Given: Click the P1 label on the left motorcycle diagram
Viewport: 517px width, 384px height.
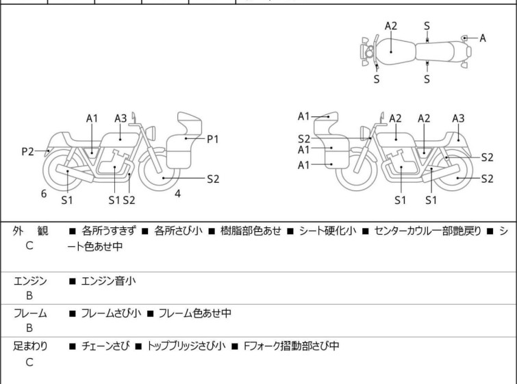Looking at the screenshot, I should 213,139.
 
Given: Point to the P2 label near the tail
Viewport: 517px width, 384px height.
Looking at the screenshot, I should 27,152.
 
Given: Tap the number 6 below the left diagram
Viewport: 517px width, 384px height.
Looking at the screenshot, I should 44,194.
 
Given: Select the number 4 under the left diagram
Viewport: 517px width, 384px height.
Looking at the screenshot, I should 177,194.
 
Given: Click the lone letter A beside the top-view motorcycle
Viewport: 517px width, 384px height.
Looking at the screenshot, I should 483,38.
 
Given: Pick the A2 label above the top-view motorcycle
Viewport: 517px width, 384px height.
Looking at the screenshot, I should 391,26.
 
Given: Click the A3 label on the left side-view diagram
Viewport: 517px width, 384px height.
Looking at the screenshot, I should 121,118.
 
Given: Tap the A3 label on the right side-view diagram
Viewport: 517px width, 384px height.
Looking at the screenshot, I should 458,118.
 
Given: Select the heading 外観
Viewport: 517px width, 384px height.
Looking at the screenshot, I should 31,231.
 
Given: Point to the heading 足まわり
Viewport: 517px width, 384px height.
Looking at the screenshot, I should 31,346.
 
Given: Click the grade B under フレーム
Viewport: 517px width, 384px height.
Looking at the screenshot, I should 29,328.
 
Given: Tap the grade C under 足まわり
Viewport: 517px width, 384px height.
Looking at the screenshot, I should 29,362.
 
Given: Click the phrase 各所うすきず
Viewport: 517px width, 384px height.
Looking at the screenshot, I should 110,231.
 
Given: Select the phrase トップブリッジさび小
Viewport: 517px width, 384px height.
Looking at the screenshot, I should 186,346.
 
